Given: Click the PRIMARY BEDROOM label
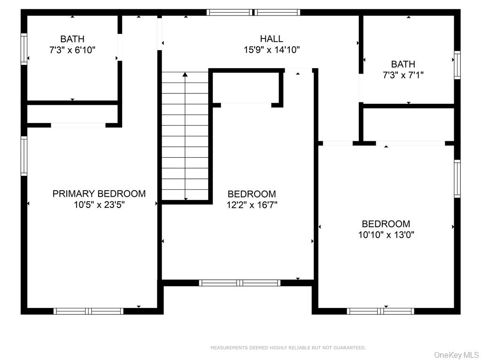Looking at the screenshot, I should click(99, 193).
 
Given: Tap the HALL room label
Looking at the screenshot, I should click(272, 38).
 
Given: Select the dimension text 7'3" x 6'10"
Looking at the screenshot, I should click(72, 49).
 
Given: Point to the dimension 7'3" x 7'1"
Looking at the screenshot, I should click(403, 75).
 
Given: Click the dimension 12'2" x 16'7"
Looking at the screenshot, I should click(252, 205).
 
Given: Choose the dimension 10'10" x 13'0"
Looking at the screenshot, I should click(386, 235).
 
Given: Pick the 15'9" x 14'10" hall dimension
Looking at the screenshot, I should click(272, 49).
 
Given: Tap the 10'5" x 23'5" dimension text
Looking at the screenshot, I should click(99, 205).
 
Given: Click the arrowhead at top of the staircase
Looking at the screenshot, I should click(185, 74).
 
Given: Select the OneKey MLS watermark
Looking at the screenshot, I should click(456, 355).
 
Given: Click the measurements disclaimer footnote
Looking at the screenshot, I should click(288, 348).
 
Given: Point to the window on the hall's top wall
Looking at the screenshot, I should click(254, 12).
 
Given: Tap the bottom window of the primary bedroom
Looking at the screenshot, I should click(88, 311).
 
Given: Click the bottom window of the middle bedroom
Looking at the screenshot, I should click(240, 283).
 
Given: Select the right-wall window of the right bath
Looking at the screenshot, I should click(457, 65).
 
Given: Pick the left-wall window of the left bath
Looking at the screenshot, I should click(23, 48).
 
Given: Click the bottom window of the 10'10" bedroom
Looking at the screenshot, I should click(380, 311).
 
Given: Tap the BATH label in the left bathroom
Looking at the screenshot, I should click(72, 38).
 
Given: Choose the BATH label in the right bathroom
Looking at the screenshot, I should click(403, 64).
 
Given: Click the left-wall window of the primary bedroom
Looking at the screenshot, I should click(23, 156).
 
